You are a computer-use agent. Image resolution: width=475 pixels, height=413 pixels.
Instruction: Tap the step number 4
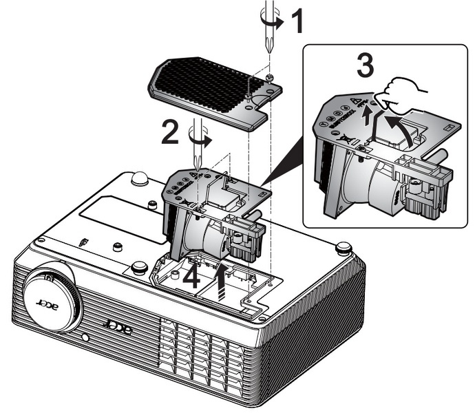point(194,277)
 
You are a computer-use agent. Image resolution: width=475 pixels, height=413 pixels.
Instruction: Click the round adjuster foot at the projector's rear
point(140,177)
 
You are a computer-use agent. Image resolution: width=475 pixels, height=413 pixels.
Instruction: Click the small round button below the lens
point(85,337)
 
